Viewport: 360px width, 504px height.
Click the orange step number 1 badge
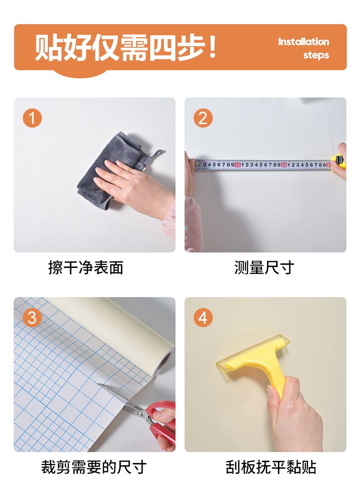[32, 118]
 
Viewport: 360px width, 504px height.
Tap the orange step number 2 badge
[203, 118]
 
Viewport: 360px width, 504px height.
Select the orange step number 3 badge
[32, 318]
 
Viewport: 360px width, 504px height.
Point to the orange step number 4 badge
[203, 318]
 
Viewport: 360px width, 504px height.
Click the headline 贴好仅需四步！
[125, 47]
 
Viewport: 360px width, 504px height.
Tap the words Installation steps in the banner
[303, 48]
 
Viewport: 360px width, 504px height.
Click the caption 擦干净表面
[86, 267]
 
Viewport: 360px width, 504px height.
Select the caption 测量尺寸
[264, 267]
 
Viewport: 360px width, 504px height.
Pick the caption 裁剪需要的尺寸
[93, 467]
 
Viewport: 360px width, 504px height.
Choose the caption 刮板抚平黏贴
[271, 467]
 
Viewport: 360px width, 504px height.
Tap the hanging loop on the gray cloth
[157, 154]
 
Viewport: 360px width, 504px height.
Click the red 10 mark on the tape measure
[237, 165]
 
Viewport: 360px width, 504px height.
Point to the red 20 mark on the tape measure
[283, 165]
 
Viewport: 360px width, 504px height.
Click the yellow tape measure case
[339, 161]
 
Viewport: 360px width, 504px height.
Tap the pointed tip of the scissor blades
[98, 384]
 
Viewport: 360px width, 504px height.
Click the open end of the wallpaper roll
[164, 362]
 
